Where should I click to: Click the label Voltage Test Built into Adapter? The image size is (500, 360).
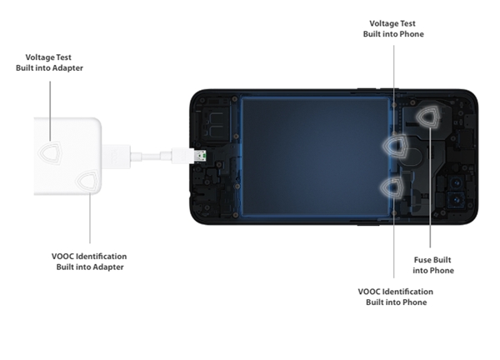click(49, 62)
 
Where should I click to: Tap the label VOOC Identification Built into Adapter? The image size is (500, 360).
click(89, 262)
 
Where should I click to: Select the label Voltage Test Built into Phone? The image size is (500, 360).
click(393, 28)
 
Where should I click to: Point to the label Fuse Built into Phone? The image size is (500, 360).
click(433, 265)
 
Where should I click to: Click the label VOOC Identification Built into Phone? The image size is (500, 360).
click(396, 297)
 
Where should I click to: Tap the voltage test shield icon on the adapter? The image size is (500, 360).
click(50, 152)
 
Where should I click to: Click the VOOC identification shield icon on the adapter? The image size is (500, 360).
click(88, 182)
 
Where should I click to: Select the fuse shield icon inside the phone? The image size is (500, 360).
click(429, 117)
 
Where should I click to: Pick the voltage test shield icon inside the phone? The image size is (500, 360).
click(396, 146)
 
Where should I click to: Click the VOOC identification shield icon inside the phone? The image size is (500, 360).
click(392, 187)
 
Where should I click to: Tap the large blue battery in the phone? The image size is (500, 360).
click(315, 157)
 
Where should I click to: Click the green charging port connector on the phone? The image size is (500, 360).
click(201, 156)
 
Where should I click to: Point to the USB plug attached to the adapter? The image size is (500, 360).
click(116, 156)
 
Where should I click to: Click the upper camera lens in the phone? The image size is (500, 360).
click(457, 183)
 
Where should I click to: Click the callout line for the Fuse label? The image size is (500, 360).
click(430, 187)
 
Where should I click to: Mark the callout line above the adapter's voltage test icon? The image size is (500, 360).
click(50, 111)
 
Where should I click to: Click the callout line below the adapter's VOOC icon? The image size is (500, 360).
click(90, 218)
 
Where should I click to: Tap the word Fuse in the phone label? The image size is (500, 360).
click(422, 260)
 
